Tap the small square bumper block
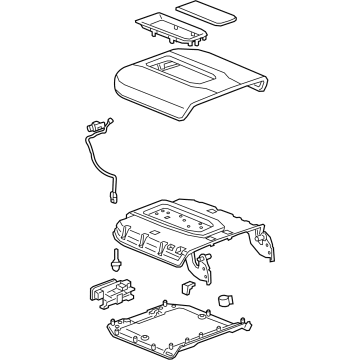[186, 287]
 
